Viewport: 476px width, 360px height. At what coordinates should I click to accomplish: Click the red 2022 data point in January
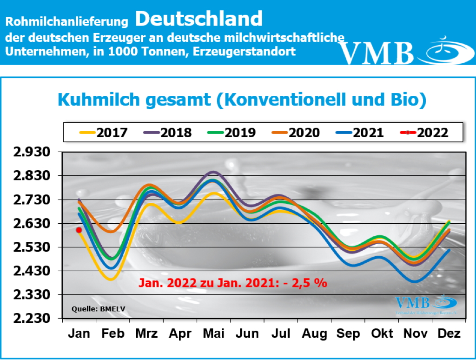(79, 230)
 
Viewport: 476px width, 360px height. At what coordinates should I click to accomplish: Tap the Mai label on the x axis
(214, 334)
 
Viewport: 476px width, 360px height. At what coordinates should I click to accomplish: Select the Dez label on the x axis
(449, 334)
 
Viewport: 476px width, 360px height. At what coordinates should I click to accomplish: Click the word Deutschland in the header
(199, 19)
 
